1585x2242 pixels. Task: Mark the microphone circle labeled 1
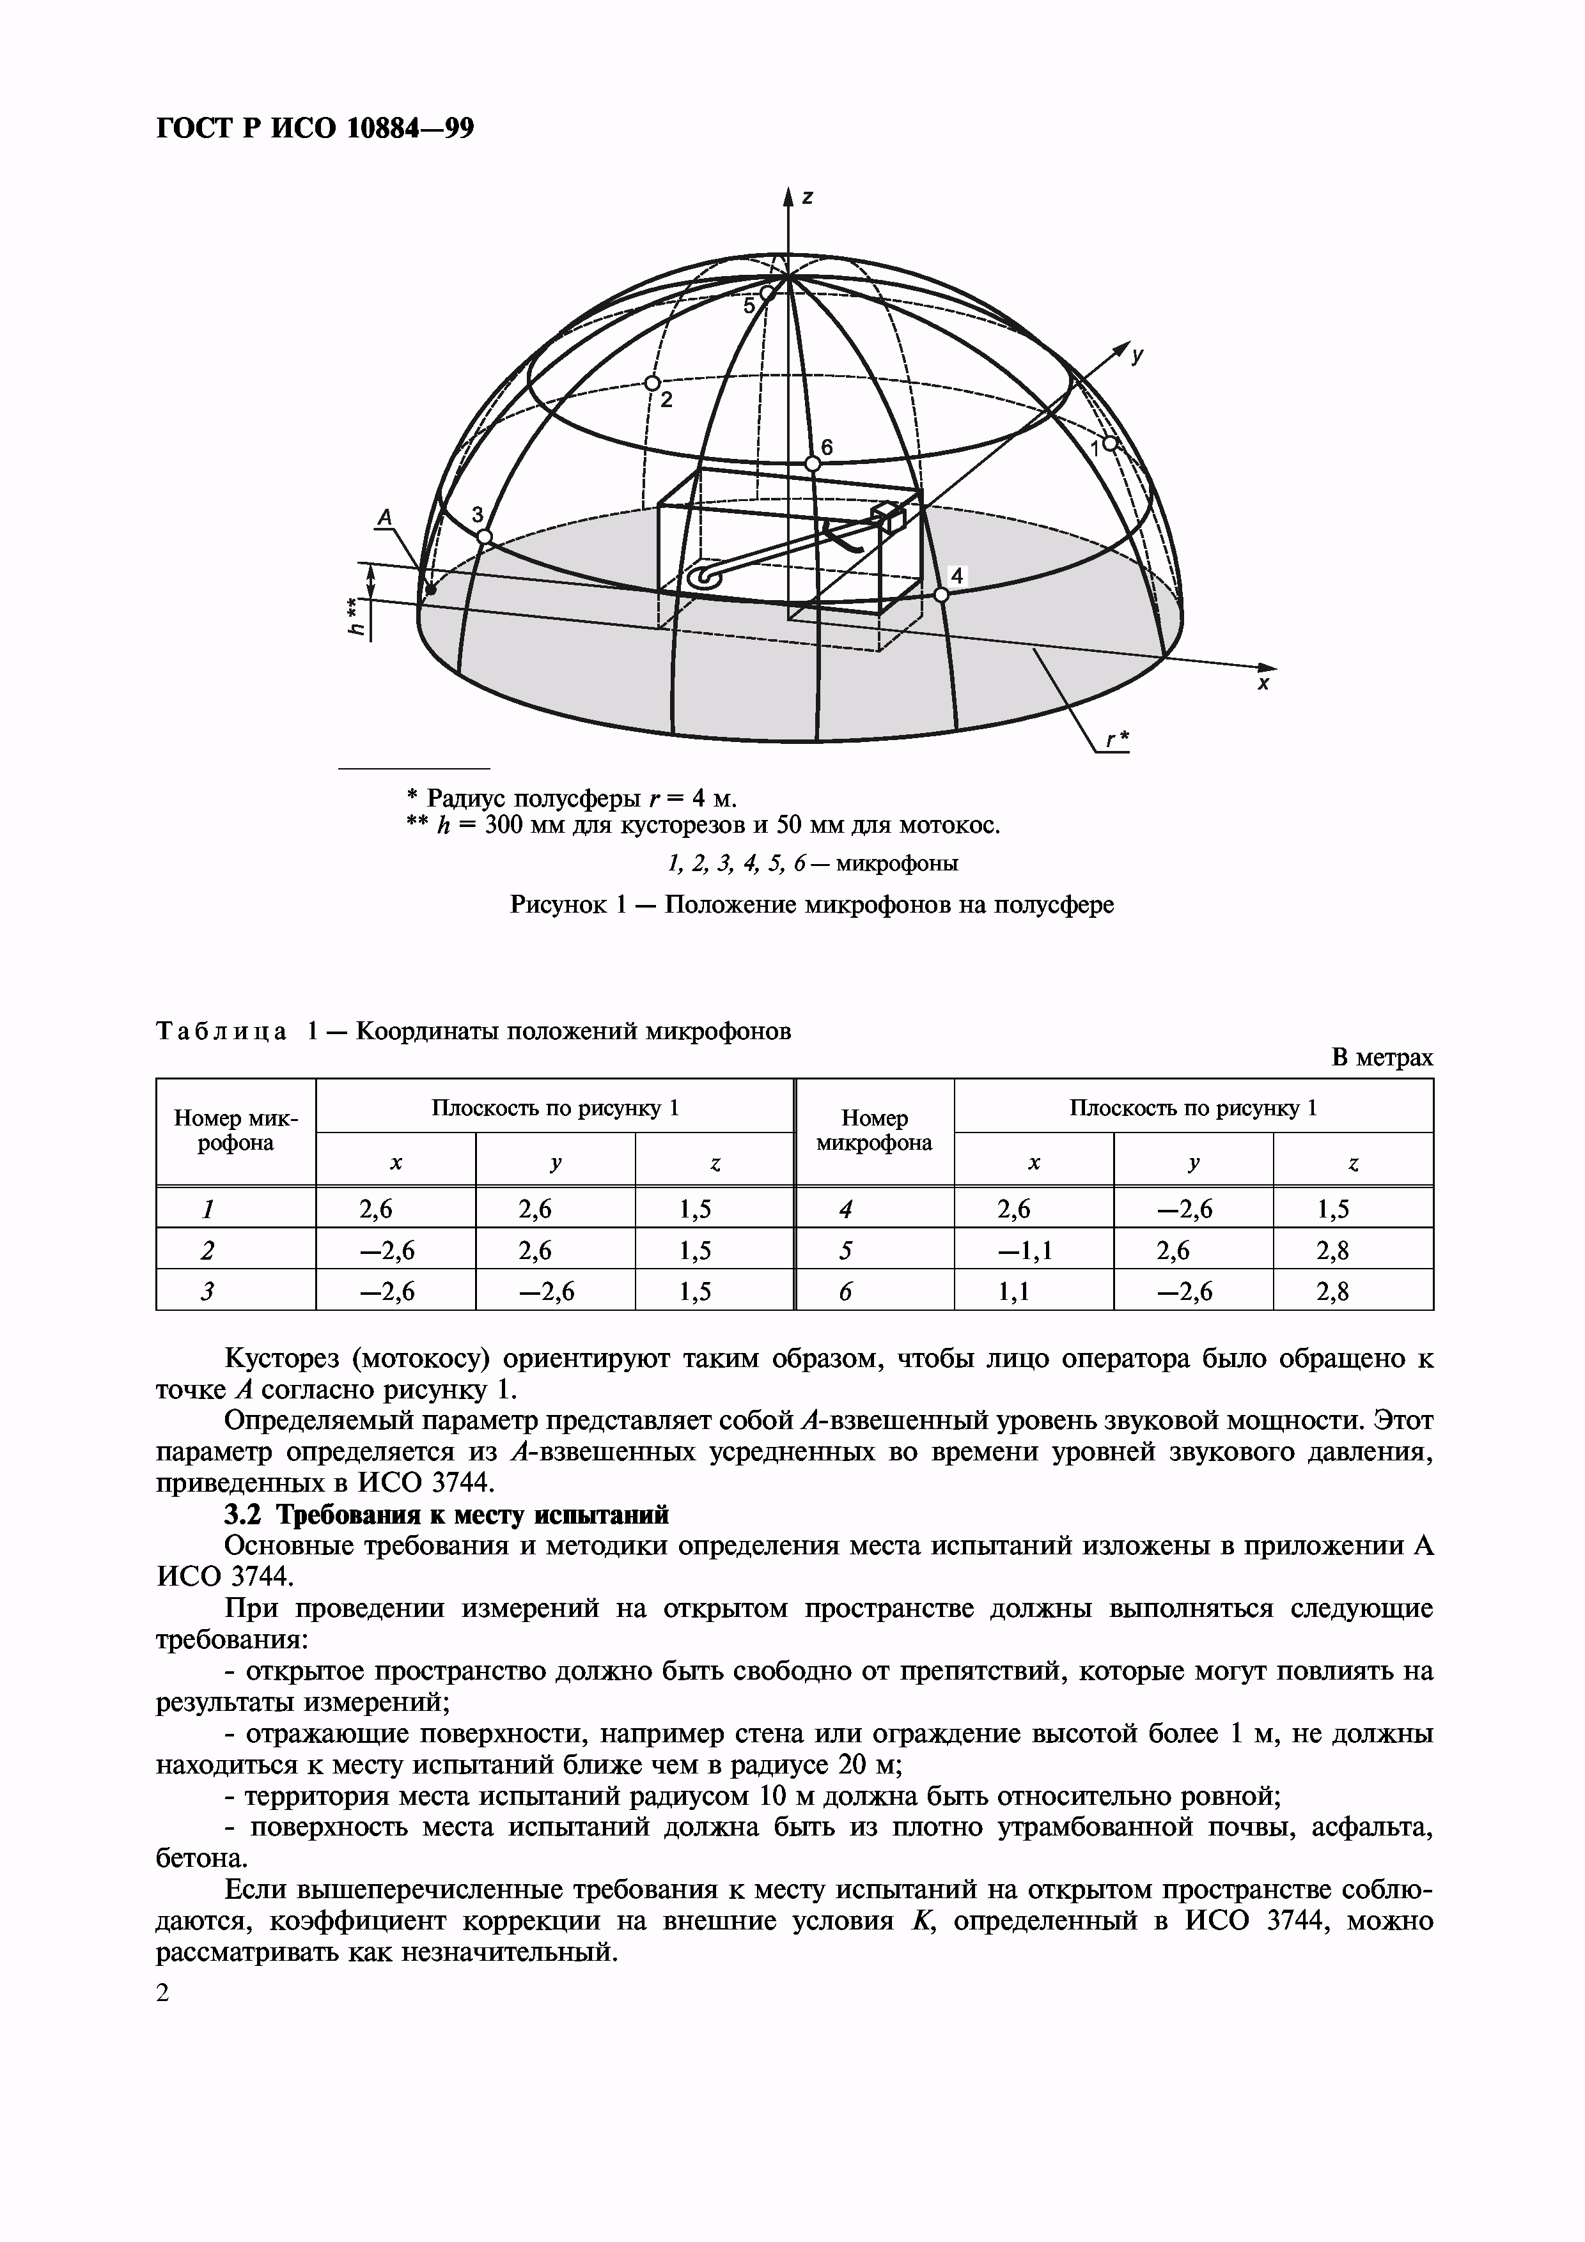[1111, 442]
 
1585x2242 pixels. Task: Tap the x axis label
[1263, 684]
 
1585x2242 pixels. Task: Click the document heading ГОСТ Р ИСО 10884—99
[315, 128]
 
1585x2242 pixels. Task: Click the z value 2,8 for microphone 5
[1352, 1251]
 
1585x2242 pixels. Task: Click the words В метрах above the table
[1382, 1058]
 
